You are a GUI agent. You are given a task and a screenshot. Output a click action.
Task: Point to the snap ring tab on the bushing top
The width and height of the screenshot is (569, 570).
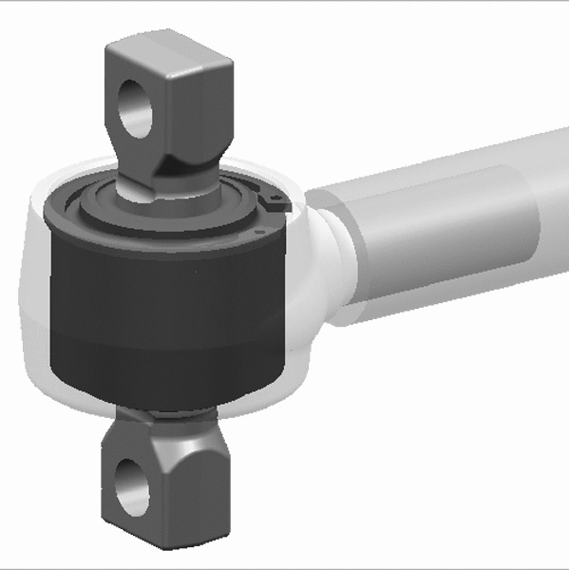[x=273, y=202]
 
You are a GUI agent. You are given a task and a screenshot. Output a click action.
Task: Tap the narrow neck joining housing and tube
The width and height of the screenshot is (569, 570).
[x=334, y=252]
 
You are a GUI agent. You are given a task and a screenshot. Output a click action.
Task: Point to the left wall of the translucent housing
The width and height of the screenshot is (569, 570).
[x=33, y=285]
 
